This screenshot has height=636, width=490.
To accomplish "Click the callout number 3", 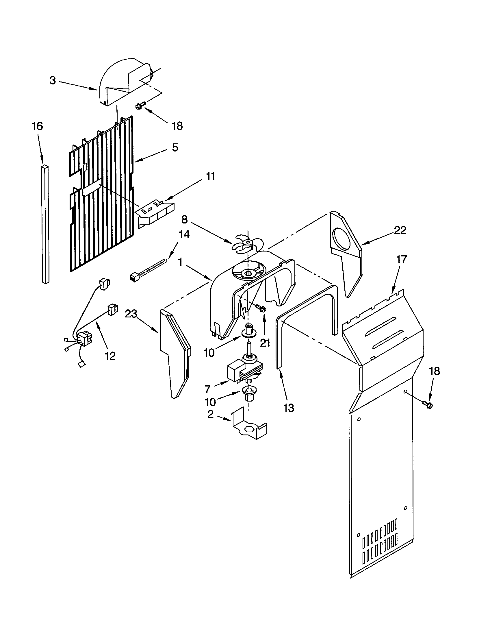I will (x=52, y=80).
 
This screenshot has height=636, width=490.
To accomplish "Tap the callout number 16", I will (x=37, y=126).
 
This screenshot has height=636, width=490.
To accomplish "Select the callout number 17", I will (x=401, y=259).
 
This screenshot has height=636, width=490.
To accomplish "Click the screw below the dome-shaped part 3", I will (x=141, y=106).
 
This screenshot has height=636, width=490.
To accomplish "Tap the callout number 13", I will (x=289, y=408).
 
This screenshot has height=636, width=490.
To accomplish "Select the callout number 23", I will (x=131, y=314).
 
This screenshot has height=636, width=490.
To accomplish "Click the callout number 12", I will (x=110, y=356).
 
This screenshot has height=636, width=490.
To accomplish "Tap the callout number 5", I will (x=175, y=147).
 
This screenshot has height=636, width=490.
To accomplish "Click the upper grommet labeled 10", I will (x=247, y=331).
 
